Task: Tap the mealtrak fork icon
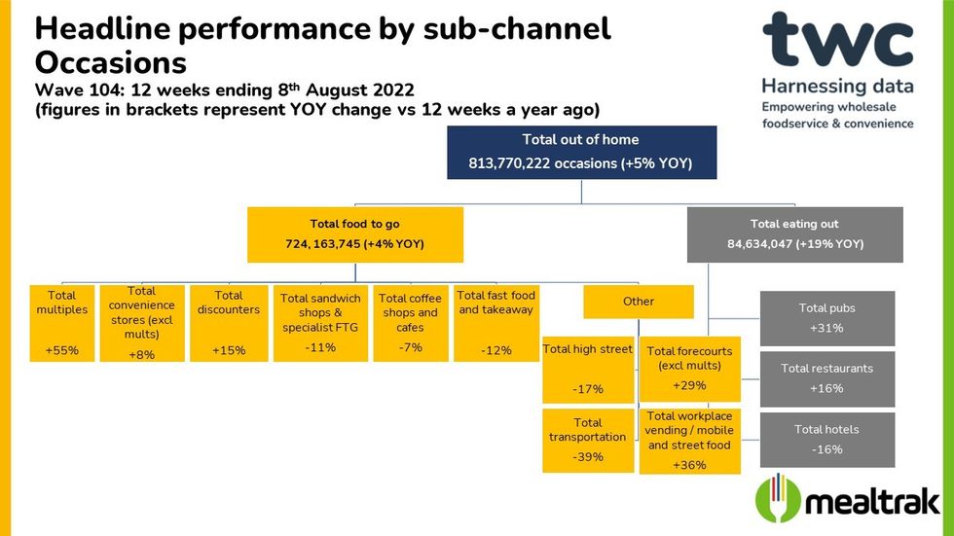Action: tap(779, 499)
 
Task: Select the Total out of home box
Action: tap(581, 152)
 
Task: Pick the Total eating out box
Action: tap(794, 233)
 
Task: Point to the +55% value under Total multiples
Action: tap(62, 349)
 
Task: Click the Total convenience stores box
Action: tap(142, 322)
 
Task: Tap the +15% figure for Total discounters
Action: tap(228, 349)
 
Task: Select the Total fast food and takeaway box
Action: tap(496, 322)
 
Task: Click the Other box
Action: tap(639, 302)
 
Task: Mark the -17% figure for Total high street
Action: tap(587, 389)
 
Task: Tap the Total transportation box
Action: tap(587, 440)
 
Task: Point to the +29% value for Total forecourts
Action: tap(689, 386)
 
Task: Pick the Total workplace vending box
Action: tap(689, 441)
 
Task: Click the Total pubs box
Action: tap(826, 318)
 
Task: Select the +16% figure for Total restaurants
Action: tap(826, 389)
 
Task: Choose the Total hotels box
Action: tap(826, 440)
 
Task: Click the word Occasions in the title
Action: tap(110, 63)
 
